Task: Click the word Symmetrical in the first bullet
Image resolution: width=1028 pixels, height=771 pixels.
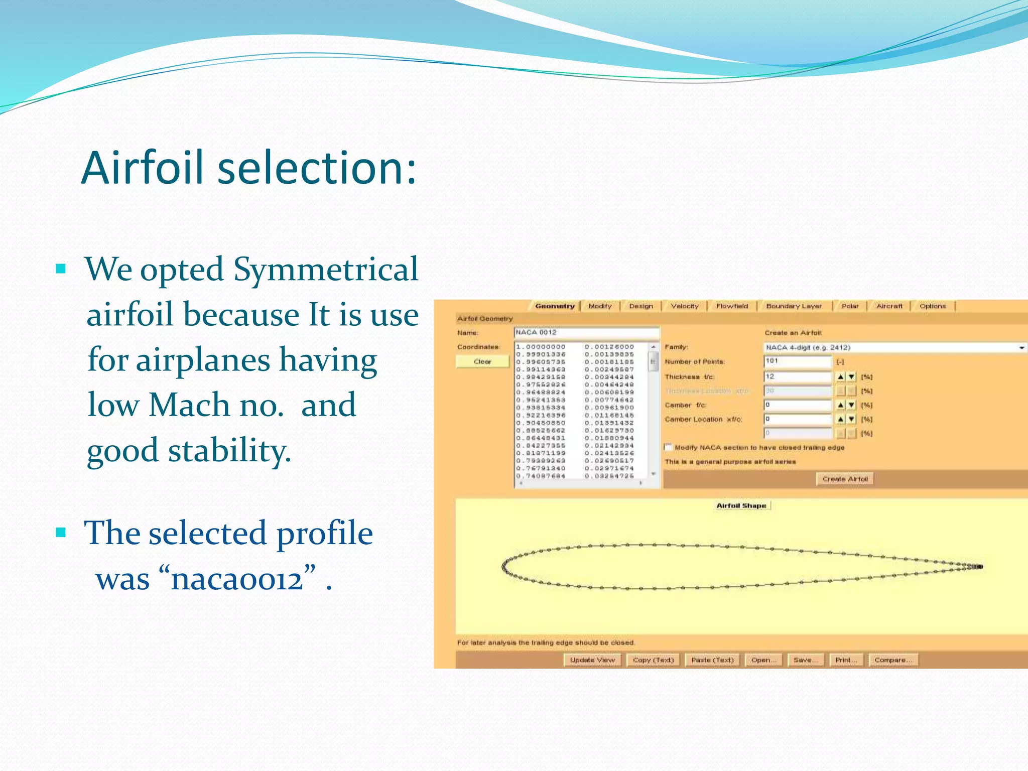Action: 326,270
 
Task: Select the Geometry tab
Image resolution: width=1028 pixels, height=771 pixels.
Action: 554,306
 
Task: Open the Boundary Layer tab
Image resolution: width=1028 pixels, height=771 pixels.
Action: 793,306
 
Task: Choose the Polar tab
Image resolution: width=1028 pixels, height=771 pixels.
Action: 850,306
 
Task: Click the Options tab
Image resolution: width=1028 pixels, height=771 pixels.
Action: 932,306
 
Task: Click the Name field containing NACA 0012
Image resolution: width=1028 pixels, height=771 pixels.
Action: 586,332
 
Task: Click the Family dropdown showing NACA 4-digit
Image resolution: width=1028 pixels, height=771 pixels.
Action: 893,347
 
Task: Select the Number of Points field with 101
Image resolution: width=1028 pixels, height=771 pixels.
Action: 797,361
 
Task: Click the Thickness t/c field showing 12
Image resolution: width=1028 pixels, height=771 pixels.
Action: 797,376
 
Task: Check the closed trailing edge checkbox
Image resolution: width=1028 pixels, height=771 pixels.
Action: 668,447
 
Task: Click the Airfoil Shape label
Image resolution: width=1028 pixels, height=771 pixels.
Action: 741,505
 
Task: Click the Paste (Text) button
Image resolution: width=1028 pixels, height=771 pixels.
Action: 712,660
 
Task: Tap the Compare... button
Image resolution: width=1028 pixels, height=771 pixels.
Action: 893,660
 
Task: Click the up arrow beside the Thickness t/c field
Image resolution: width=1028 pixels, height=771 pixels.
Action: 841,377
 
